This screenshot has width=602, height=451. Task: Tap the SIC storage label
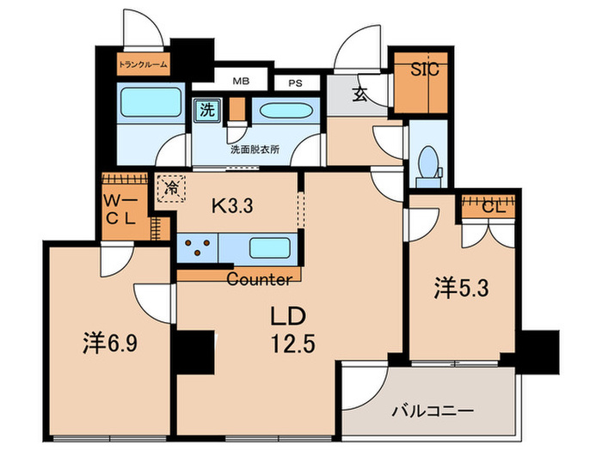tap(423, 70)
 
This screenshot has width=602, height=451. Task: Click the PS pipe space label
tap(295, 83)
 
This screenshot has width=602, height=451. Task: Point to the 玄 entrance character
tap(360, 95)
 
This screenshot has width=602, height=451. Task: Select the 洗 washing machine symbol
tap(206, 110)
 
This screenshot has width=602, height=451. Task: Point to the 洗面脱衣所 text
tap(255, 149)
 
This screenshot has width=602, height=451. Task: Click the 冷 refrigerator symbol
tap(171, 186)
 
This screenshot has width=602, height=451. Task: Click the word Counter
tap(258, 279)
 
